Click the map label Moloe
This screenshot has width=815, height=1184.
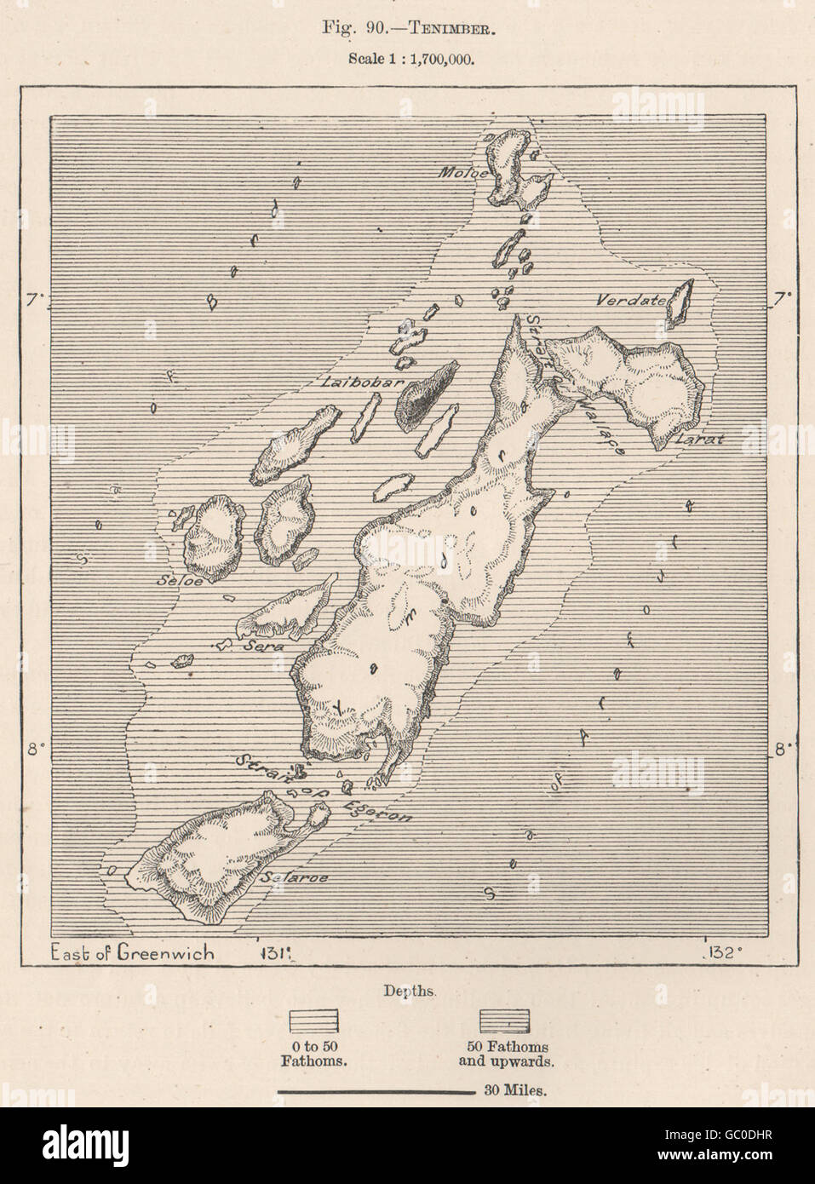(462, 174)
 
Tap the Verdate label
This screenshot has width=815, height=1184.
(628, 300)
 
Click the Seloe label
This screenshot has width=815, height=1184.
(179, 581)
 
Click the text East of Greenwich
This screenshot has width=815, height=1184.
(134, 952)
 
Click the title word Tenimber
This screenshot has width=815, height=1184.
(451, 29)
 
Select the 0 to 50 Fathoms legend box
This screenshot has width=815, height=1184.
(315, 1020)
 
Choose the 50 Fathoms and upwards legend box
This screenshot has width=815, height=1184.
(505, 1020)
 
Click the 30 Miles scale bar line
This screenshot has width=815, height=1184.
(376, 1090)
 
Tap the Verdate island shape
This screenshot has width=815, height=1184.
(678, 305)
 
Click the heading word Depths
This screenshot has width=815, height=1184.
(410, 991)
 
